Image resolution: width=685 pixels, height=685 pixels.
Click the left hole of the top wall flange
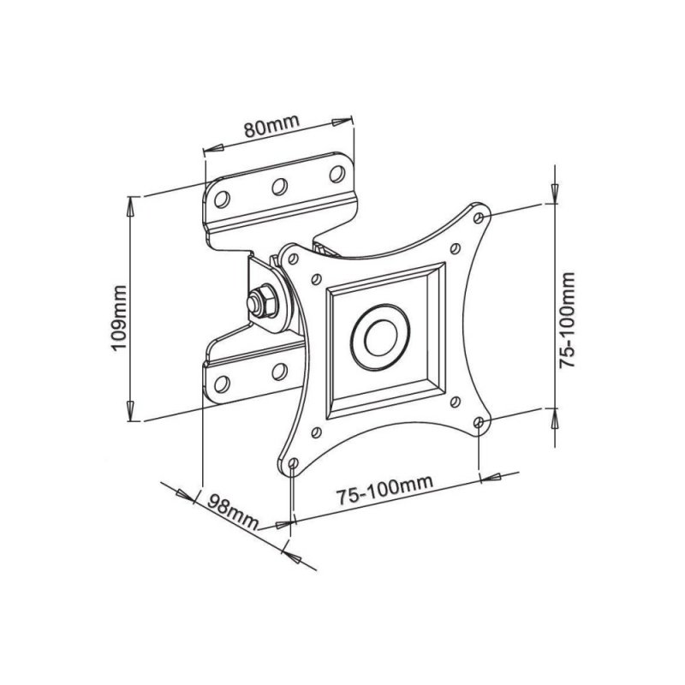(222, 199)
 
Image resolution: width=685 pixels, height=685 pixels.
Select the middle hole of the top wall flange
(279, 185)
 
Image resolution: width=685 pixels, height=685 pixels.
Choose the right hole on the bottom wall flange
(278, 370)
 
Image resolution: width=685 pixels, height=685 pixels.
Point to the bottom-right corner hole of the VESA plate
(479, 422)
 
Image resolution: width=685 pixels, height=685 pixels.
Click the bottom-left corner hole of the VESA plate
(294, 463)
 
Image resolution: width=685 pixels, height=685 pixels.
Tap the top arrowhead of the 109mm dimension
(130, 203)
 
